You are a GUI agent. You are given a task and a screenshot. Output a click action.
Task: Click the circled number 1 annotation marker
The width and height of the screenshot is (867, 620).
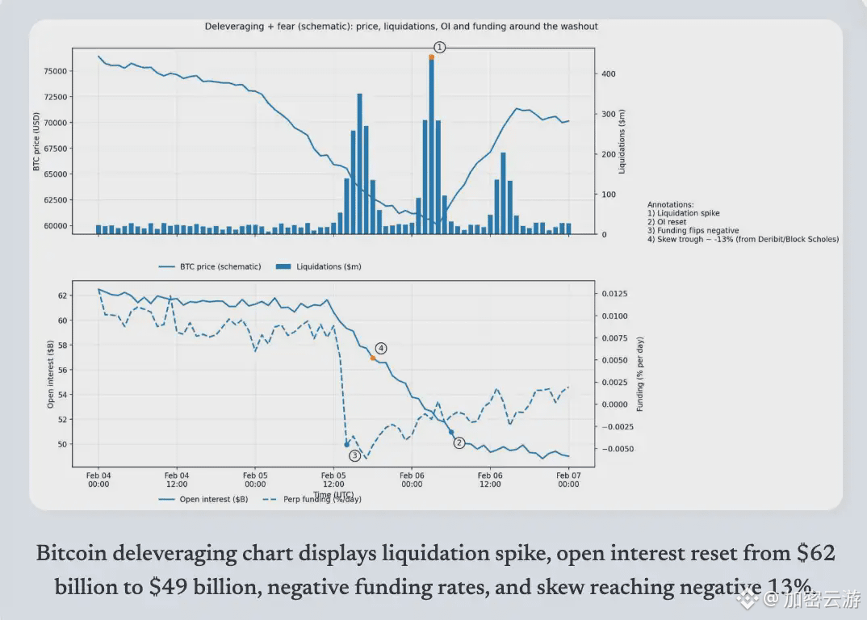point(439,48)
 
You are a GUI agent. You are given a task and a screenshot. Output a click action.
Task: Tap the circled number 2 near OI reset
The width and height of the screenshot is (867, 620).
point(459,442)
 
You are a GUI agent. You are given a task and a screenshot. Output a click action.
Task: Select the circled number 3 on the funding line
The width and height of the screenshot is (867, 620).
point(354,455)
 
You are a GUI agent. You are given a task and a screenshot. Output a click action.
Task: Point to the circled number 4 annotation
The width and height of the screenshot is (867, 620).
point(381,348)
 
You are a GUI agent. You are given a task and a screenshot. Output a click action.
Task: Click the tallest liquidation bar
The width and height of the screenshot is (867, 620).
point(431,145)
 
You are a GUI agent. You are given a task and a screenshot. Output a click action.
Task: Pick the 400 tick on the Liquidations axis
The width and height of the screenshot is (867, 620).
point(608,73)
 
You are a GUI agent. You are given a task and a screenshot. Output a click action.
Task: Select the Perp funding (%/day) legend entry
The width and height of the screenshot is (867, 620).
point(322,499)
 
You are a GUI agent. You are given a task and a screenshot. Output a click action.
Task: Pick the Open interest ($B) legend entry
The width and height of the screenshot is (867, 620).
point(214,499)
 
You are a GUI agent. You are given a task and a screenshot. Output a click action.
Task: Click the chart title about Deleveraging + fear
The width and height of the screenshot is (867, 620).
point(401,27)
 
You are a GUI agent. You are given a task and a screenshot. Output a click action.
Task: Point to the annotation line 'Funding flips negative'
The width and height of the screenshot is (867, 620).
point(693,230)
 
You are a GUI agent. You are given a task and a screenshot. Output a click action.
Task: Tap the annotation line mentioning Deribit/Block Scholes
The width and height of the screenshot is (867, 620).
point(743,239)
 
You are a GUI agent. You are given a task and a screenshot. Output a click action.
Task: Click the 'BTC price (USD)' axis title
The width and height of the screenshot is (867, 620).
point(37,142)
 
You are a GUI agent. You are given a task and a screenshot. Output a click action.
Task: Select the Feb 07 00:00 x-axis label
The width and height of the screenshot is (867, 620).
point(568,480)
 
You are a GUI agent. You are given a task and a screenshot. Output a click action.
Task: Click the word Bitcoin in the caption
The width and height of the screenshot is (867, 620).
point(71,555)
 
